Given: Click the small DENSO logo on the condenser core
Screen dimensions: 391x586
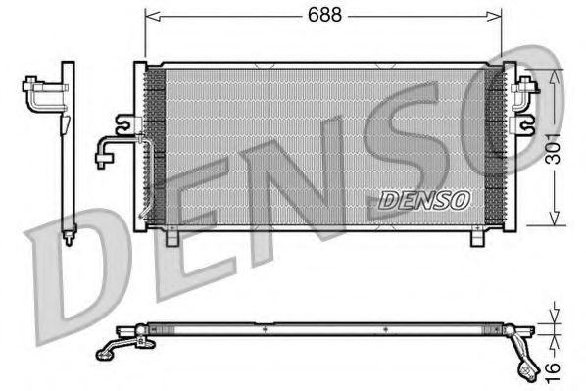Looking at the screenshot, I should (424, 199).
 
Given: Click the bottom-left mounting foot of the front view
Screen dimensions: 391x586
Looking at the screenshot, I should (172, 237).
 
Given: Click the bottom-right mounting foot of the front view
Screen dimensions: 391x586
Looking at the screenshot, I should (477, 237).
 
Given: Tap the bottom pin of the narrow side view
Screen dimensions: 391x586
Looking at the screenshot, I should (68, 236).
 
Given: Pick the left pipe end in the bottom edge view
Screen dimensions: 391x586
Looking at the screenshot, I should (105, 351).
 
